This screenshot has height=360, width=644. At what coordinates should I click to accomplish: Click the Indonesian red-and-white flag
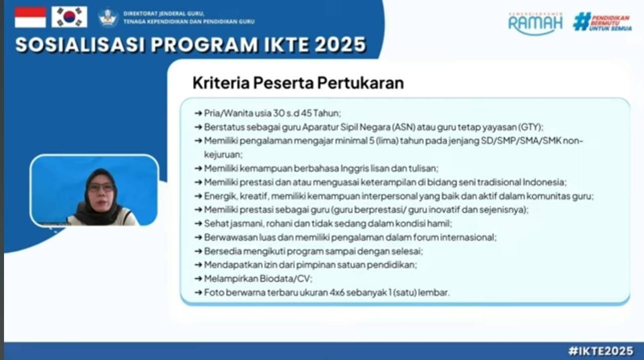pyautogui.click(x=30, y=18)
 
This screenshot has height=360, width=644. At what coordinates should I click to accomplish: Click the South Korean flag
pyautogui.click(x=69, y=18)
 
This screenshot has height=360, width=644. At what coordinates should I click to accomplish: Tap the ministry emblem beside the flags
pyautogui.click(x=108, y=18)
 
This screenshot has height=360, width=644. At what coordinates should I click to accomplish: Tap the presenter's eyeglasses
pyautogui.click(x=101, y=188)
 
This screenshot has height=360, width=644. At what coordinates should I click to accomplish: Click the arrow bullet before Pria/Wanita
pyautogui.click(x=198, y=113)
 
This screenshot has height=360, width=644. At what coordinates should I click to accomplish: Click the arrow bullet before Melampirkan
pyautogui.click(x=198, y=279)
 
